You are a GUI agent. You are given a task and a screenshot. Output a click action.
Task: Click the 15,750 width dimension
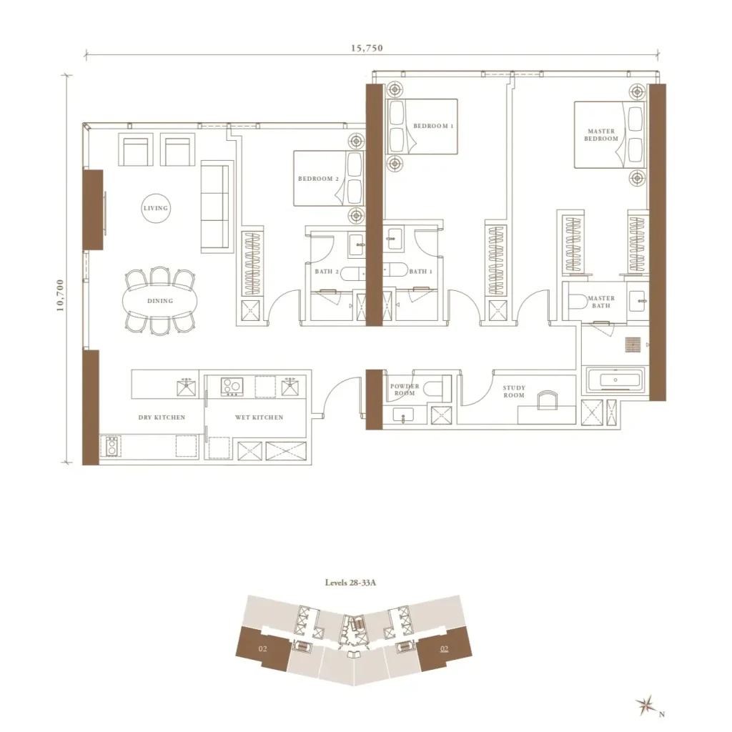pyautogui.click(x=367, y=48)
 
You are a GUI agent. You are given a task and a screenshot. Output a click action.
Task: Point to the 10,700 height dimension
pyautogui.click(x=60, y=295)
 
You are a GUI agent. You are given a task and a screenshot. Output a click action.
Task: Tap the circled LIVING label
pyautogui.click(x=156, y=208)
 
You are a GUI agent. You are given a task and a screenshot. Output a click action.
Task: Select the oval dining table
pyautogui.click(x=160, y=301)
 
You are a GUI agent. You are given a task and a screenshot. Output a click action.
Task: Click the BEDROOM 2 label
pyautogui.click(x=318, y=179)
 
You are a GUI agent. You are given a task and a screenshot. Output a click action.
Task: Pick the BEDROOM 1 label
pyautogui.click(x=433, y=126)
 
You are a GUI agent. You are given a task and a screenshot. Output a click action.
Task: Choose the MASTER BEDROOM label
pyautogui.click(x=600, y=135)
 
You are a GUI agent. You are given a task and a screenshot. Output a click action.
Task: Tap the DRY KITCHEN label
pyautogui.click(x=162, y=417)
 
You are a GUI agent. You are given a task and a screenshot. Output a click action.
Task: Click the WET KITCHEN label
pyautogui.click(x=259, y=417)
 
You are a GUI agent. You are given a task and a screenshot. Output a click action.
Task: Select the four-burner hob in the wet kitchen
pyautogui.click(x=232, y=386)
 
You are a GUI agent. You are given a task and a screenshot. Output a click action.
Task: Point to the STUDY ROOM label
pyautogui.click(x=514, y=391)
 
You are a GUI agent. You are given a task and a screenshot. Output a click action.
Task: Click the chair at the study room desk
pyautogui.click(x=547, y=400)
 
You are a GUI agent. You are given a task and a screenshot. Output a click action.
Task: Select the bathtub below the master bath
pyautogui.click(x=615, y=380)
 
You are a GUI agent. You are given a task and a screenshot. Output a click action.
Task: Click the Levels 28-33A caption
pyautogui.click(x=350, y=583)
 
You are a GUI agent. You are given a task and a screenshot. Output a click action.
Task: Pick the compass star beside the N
pyautogui.click(x=646, y=705)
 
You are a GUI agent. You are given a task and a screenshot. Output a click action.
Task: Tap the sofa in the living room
pyautogui.click(x=217, y=207)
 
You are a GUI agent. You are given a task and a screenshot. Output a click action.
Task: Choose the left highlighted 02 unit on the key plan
pyautogui.click(x=263, y=649)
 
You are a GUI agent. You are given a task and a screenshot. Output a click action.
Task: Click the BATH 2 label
pyautogui.click(x=327, y=271)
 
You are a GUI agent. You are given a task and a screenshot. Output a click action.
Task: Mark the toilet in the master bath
pyautogui.click(x=577, y=302)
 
